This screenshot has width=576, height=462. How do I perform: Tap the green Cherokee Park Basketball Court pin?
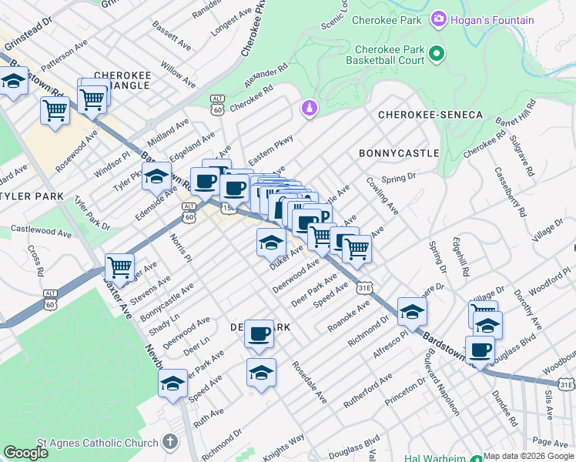[436, 53]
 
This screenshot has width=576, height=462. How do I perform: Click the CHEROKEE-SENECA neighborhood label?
[430, 115]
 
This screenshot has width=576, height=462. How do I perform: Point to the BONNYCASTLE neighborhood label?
[399, 153]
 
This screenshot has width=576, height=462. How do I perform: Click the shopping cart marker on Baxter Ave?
[119, 268]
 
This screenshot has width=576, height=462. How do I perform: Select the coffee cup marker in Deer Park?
[260, 333]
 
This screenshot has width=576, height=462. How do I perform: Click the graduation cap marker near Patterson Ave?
[13, 82]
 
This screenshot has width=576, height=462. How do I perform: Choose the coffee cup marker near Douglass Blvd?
[481, 350]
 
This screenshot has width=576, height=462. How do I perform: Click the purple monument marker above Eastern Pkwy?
[310, 109]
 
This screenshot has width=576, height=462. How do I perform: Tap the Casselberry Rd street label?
[510, 191]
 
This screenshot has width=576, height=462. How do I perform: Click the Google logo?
[26, 453]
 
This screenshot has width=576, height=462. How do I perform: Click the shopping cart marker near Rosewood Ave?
[55, 111]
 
